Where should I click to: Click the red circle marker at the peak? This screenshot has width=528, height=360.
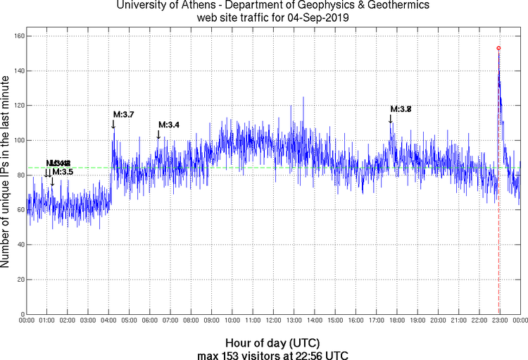(498, 48)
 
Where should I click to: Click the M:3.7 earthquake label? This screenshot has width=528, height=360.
(125, 114)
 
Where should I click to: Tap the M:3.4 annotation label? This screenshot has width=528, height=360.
(169, 125)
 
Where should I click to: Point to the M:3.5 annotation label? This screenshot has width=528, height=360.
(63, 171)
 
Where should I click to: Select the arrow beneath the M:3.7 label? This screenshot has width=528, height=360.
(113, 124)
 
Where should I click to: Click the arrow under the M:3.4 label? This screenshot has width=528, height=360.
(158, 135)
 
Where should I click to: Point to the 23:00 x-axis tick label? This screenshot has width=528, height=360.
(499, 321)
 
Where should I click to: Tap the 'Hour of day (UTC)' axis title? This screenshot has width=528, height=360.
(272, 342)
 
